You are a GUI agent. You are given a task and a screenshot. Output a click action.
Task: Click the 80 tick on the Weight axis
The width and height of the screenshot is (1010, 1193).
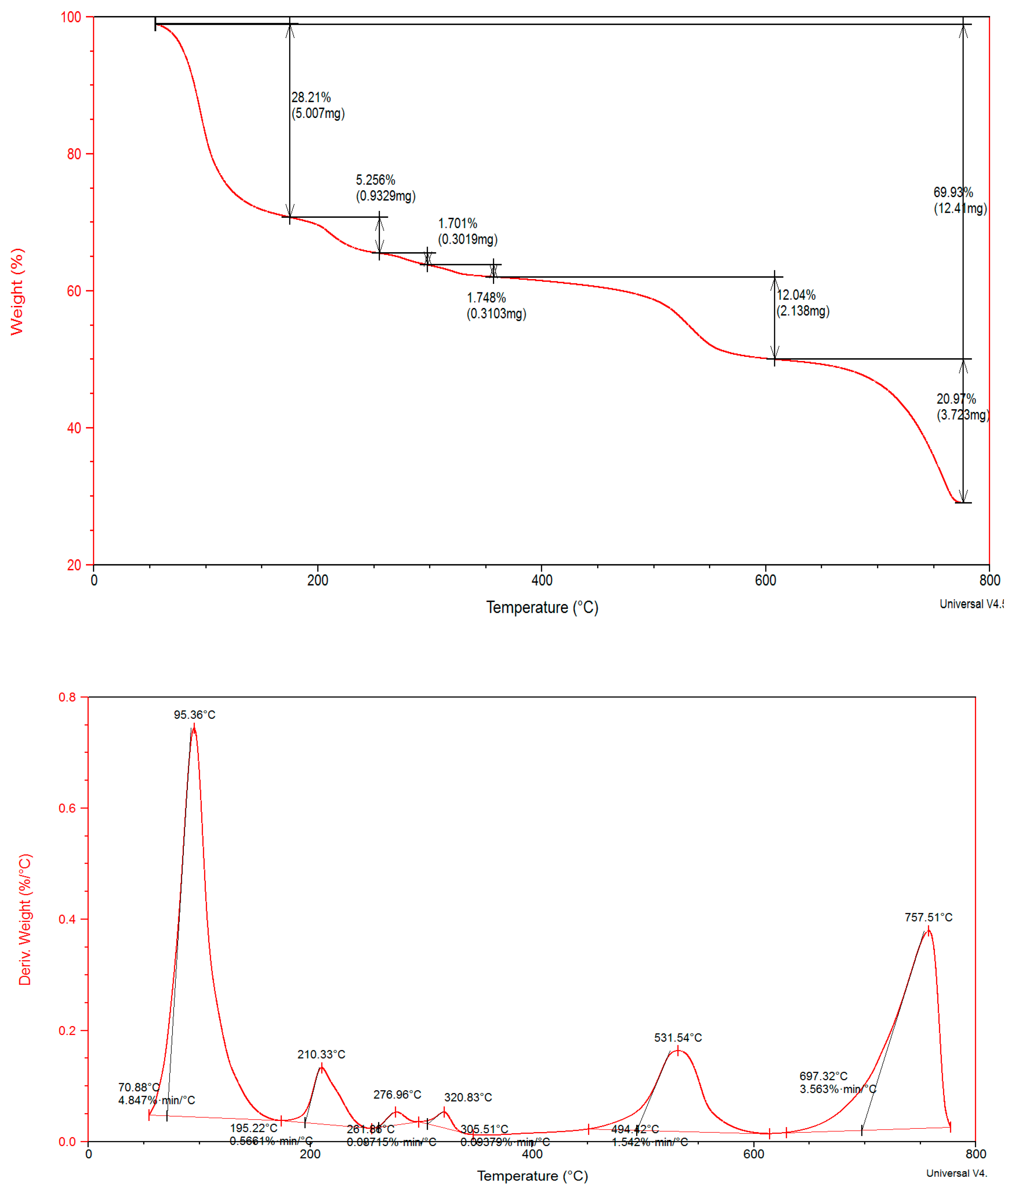point(74,154)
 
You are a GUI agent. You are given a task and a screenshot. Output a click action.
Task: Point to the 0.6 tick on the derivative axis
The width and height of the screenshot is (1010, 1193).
point(67,808)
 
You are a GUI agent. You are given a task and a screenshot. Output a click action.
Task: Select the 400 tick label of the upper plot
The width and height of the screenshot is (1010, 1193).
point(541,580)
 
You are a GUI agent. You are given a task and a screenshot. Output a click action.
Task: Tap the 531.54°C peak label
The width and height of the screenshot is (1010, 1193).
point(677,1037)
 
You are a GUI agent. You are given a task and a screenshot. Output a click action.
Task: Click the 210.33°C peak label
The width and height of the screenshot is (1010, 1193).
point(321,1054)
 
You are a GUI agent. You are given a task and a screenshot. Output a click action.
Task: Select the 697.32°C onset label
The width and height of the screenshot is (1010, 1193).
point(823,1076)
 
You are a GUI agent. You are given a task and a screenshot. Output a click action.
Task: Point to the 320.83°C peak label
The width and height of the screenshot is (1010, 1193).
point(468,1097)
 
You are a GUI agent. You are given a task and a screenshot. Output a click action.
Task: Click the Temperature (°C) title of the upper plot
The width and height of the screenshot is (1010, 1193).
point(542,607)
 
